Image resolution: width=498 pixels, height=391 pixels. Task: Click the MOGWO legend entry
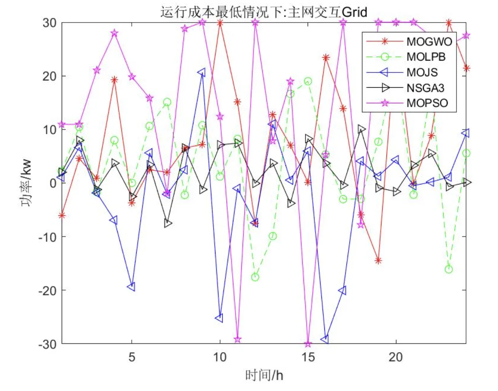(429, 42)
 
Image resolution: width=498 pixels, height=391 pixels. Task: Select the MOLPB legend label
(426, 57)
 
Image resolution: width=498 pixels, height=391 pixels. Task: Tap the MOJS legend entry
(422, 72)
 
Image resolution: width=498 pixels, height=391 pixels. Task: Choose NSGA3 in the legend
(425, 88)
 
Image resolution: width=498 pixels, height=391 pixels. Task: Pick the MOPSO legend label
(427, 103)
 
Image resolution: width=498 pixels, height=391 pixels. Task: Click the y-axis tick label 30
(49, 23)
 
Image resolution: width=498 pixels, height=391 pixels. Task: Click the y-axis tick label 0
(53, 183)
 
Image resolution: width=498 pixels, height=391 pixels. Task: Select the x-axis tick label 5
(132, 357)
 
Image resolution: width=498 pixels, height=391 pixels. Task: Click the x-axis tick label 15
(308, 357)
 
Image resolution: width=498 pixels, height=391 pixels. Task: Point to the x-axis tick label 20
(396, 357)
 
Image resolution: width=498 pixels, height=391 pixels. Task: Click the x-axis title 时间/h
(264, 375)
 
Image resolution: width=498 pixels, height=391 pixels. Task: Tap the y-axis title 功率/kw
(27, 183)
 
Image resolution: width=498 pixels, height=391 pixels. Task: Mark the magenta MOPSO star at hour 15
(308, 344)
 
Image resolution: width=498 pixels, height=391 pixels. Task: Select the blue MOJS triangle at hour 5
(132, 287)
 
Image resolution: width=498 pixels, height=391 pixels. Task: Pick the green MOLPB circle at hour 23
(449, 269)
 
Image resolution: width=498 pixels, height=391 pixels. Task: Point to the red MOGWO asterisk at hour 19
(378, 261)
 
